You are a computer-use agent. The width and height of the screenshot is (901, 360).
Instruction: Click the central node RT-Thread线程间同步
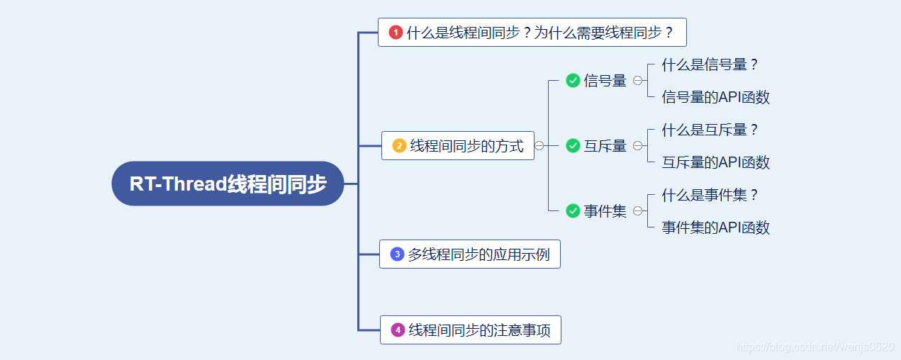[x=228, y=184]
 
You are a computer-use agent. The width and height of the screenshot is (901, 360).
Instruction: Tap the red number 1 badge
[x=396, y=32]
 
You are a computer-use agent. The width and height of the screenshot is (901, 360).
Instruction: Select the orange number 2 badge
[x=399, y=146]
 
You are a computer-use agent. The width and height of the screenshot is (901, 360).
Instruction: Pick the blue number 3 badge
[x=397, y=254]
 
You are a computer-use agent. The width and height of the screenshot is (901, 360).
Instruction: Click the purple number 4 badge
[x=398, y=330]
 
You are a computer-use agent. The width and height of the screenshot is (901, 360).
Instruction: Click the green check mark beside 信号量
[x=573, y=81]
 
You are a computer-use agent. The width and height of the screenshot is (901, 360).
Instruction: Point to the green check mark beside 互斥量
[x=573, y=146]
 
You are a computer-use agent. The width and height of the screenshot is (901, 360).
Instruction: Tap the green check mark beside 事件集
[x=573, y=210]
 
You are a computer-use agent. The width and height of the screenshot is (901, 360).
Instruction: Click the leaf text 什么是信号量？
[x=710, y=64]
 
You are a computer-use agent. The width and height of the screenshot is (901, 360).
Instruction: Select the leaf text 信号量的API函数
[x=715, y=97]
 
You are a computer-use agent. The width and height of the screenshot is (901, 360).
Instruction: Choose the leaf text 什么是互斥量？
[x=710, y=130]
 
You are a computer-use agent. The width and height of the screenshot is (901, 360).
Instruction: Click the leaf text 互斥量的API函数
[x=715, y=162]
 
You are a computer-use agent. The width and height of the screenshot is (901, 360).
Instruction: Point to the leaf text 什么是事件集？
[x=710, y=195]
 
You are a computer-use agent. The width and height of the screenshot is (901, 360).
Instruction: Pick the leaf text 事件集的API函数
[x=715, y=227]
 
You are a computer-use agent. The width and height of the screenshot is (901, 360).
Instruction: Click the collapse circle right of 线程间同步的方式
[x=539, y=146]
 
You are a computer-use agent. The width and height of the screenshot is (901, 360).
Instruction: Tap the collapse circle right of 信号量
[x=637, y=81]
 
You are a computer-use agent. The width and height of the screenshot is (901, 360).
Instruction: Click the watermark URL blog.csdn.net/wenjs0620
[x=815, y=347]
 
